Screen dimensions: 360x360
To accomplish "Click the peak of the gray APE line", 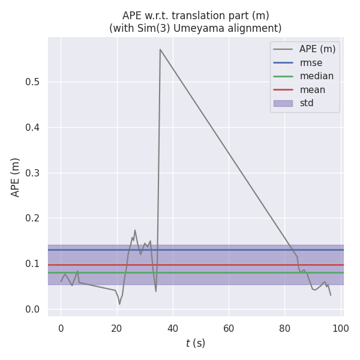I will (160, 49).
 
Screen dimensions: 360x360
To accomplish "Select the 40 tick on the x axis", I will (173, 326).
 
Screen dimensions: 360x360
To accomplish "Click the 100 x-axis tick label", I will (341, 326).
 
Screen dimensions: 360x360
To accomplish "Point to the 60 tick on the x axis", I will (229, 326).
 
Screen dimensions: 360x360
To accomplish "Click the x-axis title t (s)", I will (196, 343).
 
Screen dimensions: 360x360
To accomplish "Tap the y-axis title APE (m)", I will (16, 177).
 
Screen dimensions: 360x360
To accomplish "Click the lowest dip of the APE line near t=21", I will (119, 304).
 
